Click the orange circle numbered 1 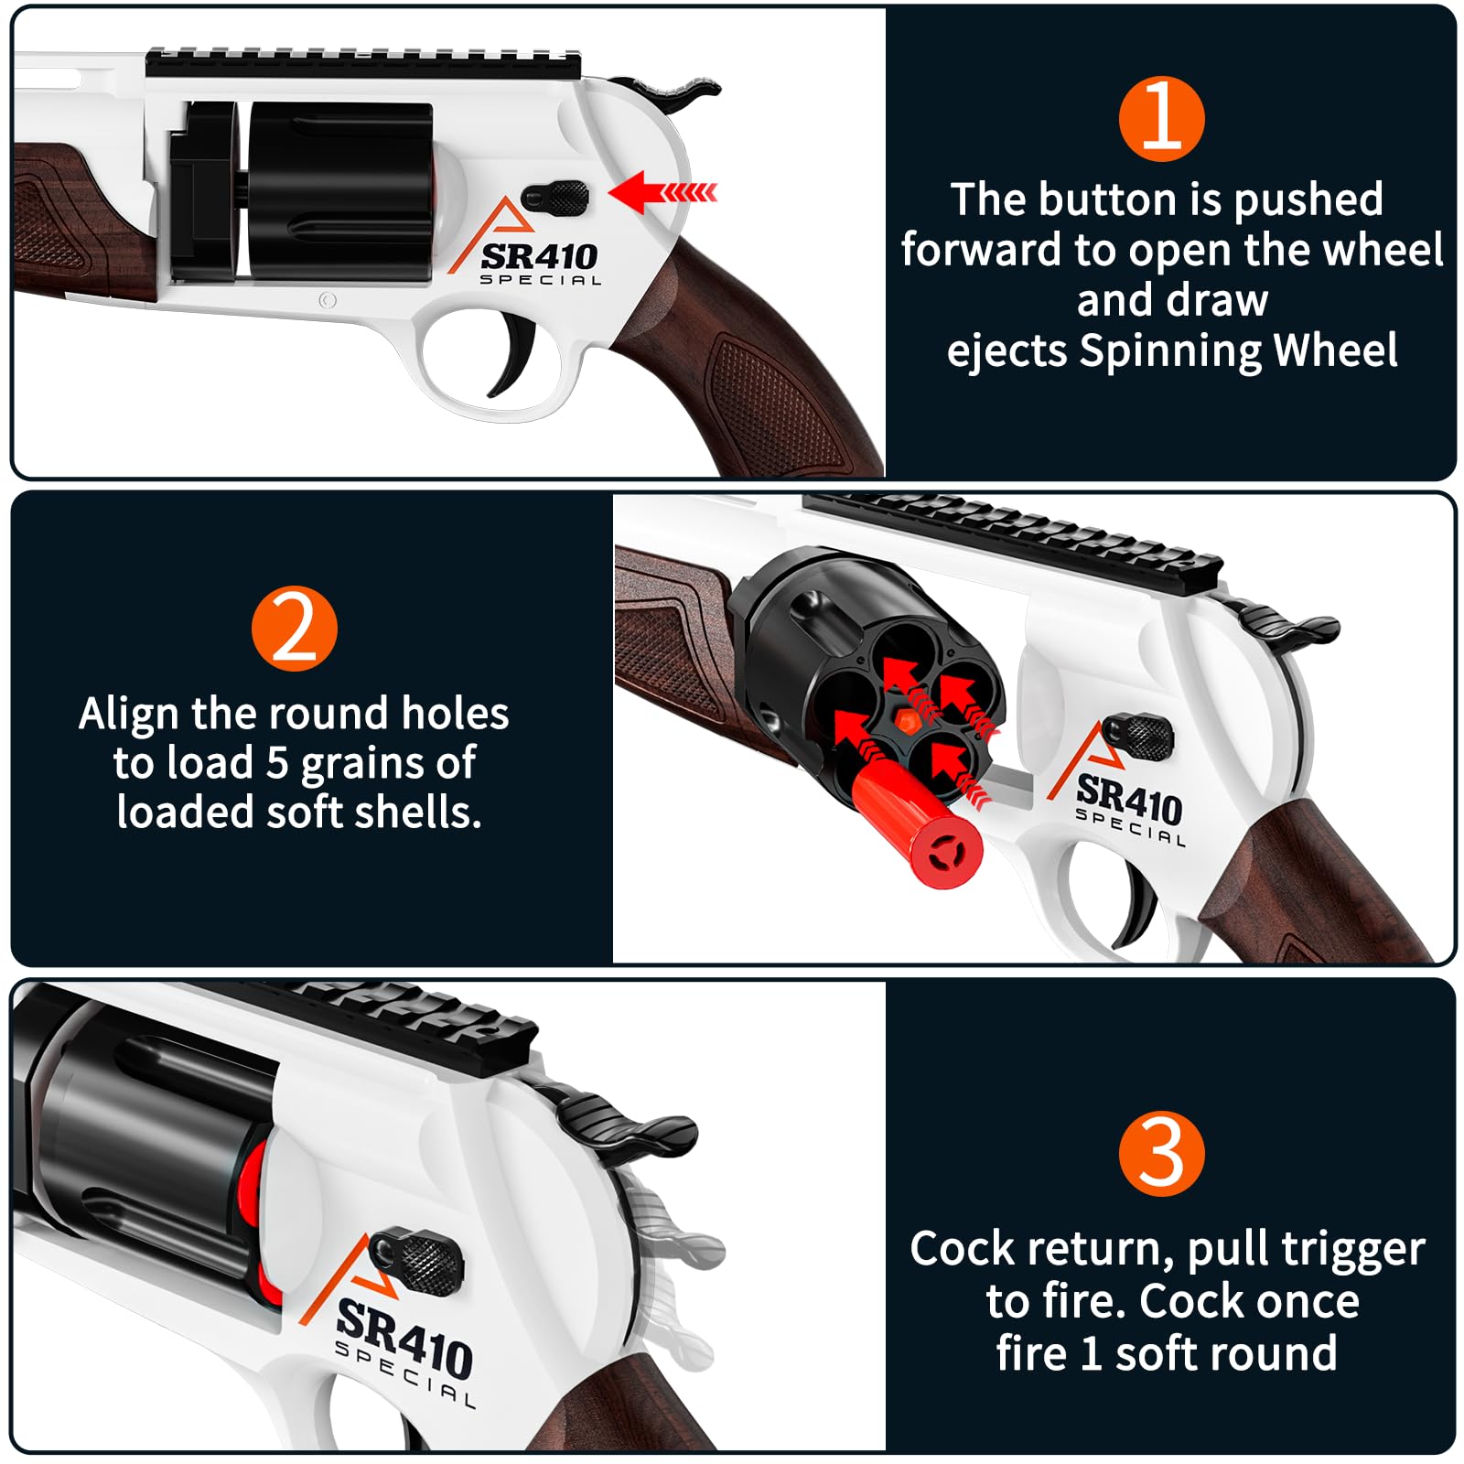pyautogui.click(x=1161, y=119)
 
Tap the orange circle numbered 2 pyautogui.click(x=294, y=629)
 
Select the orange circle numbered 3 pyautogui.click(x=1161, y=1154)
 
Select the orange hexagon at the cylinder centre pyautogui.click(x=904, y=718)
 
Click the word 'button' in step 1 pyautogui.click(x=1110, y=199)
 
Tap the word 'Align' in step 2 pyautogui.click(x=130, y=714)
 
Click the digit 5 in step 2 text pyautogui.click(x=277, y=763)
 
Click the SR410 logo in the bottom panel pyautogui.click(x=404, y=1341)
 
